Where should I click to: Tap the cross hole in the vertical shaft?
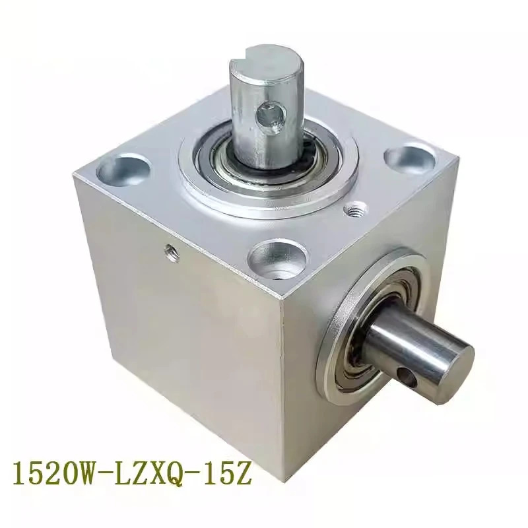click(x=271, y=119)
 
